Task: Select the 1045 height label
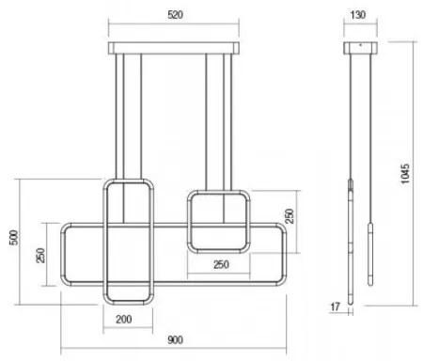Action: tap(405, 180)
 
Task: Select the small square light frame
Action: tap(218, 223)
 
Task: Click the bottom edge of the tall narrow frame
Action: tap(126, 301)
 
